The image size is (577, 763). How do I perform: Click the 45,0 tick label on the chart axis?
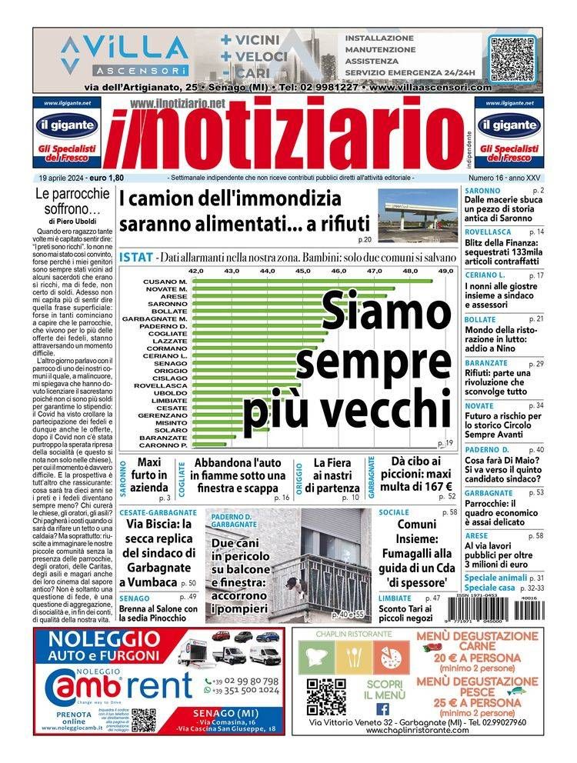click(302, 271)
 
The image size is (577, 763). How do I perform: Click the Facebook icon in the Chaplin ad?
click(382, 708)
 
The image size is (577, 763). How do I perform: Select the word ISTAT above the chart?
click(136, 256)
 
